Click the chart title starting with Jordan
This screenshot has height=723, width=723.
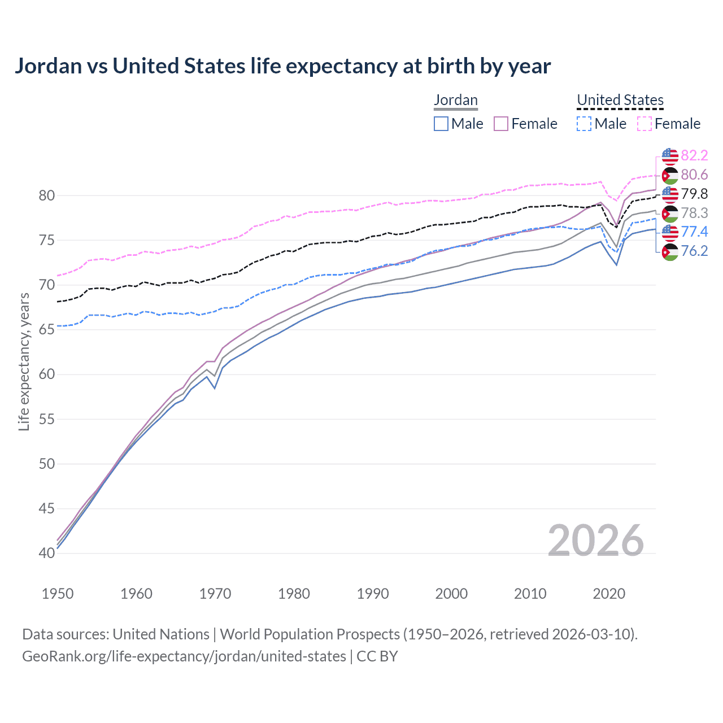pos(282,66)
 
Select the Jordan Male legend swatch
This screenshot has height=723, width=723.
pos(441,124)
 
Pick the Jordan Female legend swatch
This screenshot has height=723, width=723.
pos(501,124)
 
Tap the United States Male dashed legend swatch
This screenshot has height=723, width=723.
pos(584,124)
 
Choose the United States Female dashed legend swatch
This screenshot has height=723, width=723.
pos(644,124)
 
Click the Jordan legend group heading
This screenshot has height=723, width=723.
pos(455,100)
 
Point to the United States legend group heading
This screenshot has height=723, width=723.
pos(620,100)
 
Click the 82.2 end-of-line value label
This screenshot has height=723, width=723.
pos(694,155)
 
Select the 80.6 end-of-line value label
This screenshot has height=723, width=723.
pos(694,175)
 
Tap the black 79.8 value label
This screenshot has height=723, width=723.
pos(694,194)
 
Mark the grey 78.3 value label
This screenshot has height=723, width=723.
pos(694,213)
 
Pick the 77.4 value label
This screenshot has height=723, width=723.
pos(694,232)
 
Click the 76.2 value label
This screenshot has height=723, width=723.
pos(694,251)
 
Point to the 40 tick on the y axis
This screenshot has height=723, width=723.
pos(47,553)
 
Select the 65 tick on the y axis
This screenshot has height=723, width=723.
pos(47,330)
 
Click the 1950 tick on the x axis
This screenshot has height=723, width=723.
pos(58,594)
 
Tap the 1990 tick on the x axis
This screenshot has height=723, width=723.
pos(373,594)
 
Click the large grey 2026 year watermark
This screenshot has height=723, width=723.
pos(595,541)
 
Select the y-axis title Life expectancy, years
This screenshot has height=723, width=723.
pos(24,361)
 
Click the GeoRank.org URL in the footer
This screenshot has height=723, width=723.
pos(184,656)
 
